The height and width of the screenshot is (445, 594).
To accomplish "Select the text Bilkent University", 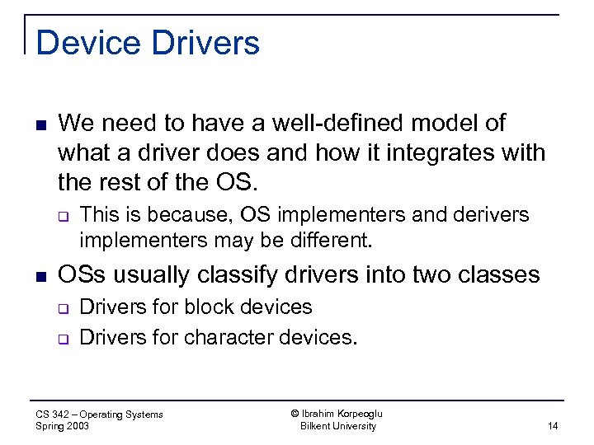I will tap(337, 426).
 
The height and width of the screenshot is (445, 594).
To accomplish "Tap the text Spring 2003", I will tap(63, 426).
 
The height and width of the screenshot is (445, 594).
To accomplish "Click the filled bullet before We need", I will tap(40, 124).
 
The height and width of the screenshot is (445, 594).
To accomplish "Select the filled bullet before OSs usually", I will tap(40, 275).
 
